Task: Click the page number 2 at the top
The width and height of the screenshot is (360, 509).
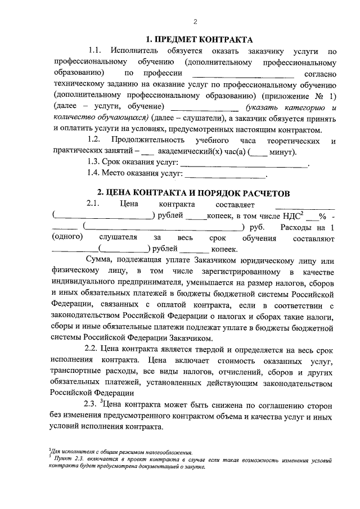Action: coord(194,22)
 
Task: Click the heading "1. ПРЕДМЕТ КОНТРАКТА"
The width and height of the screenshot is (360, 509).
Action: coord(195,40)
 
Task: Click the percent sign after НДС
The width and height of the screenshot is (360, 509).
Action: coord(322,215)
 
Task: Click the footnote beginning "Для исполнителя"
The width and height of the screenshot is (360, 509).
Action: coord(121,452)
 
